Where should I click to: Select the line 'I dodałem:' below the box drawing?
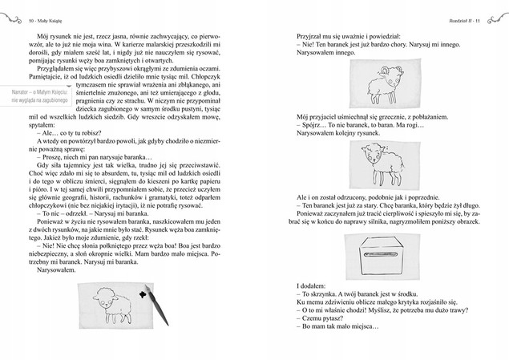click(x=309, y=286)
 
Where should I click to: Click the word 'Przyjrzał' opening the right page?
click(x=308, y=36)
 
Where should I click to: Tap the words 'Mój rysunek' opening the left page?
click(x=55, y=36)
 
